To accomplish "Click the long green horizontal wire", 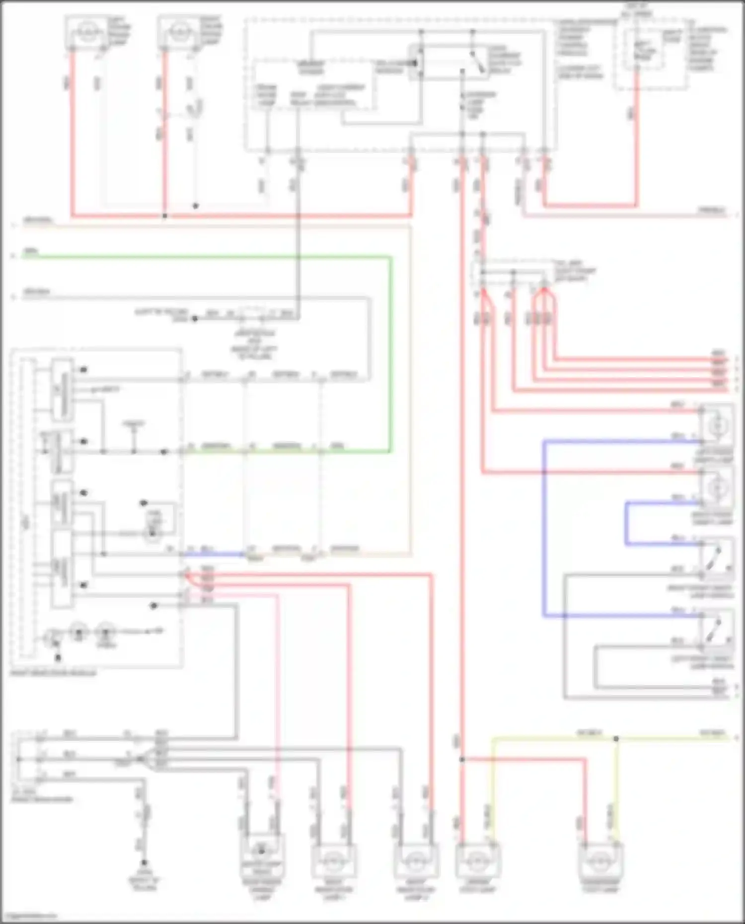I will click(x=199, y=257).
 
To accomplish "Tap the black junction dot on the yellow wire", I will click(x=616, y=739).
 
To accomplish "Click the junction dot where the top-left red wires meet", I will click(x=165, y=216).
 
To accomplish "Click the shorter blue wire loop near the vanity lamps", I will click(x=627, y=524).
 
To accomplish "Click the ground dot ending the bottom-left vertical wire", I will click(x=145, y=863).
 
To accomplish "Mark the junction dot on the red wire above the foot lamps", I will click(x=462, y=759).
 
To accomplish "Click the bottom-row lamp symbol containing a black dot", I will click(x=262, y=852).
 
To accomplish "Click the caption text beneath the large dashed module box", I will click(x=53, y=673).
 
